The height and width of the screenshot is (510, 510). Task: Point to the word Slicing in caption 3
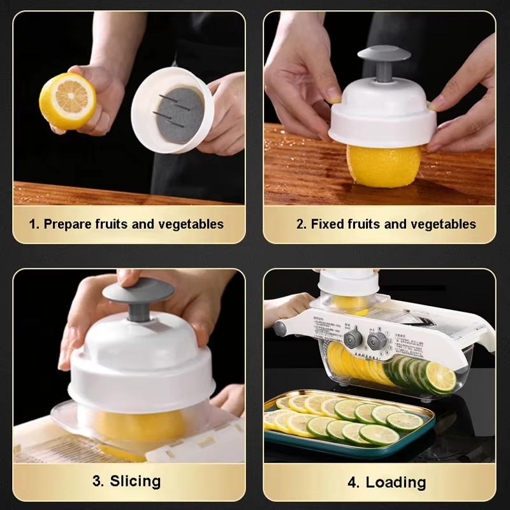135,481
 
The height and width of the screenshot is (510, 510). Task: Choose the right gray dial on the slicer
377,339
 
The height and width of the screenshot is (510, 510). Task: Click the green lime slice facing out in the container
441,377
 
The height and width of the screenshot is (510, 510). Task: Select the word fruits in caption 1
112,224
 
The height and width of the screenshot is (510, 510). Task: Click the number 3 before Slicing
98,481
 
